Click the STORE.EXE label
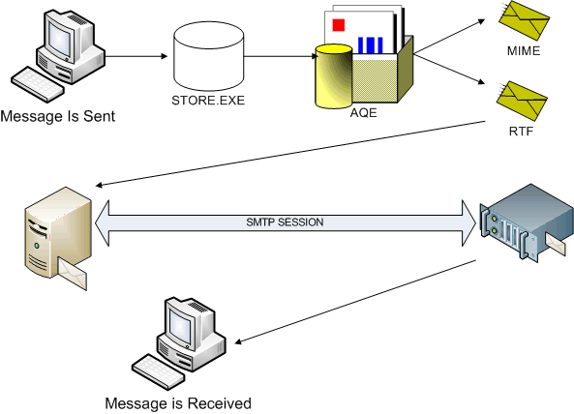coord(208,100)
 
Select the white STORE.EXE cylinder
coord(209,56)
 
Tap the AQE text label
coord(363,112)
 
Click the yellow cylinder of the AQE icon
coord(334,76)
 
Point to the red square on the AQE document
coord(339,25)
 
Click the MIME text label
coord(524,50)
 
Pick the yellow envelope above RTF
coord(522,102)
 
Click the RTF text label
coord(521,131)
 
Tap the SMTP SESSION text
coord(285,222)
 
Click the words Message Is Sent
coord(58,116)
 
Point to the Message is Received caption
coord(178,403)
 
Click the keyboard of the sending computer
coord(38,84)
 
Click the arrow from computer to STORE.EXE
coord(136,56)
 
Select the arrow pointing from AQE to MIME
coord(449,37)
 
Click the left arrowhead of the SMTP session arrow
coord(102,222)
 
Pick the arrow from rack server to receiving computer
coord(355,302)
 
